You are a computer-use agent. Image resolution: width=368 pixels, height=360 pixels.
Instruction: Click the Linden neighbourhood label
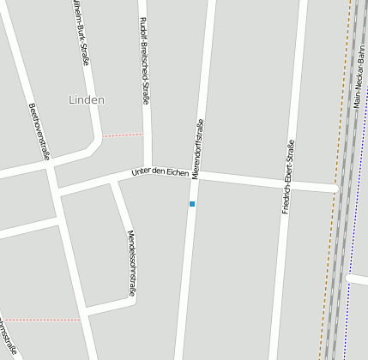[86, 99]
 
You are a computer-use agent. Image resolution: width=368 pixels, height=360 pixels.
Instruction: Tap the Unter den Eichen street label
[160, 172]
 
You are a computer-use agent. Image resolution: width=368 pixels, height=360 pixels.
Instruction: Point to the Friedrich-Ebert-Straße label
[288, 176]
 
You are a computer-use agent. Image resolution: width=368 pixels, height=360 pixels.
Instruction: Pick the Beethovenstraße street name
[39, 132]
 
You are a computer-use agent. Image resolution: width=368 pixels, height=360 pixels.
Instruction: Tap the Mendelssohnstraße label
[131, 263]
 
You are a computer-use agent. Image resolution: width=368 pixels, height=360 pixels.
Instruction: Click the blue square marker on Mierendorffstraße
[192, 204]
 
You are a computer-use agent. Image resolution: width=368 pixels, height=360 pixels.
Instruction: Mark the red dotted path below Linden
[123, 135]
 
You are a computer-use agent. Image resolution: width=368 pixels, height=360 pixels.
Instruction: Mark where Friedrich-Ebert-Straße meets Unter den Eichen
[290, 183]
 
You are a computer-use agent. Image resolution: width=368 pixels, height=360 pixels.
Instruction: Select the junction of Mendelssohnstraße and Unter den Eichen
[114, 181]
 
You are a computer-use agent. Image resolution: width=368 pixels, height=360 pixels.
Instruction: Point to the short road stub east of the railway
[359, 279]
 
